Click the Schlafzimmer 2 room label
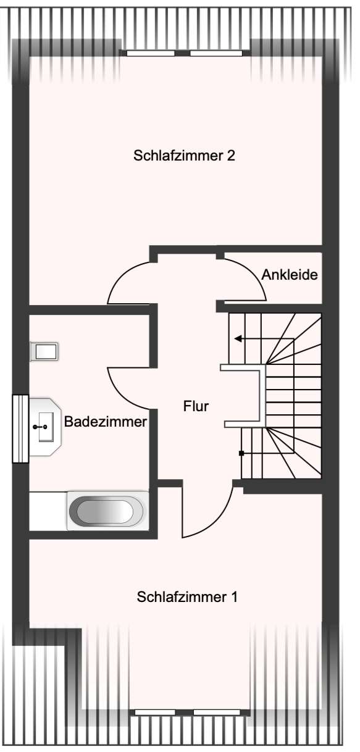(184, 156)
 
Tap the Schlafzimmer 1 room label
(187, 597)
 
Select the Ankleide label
(290, 275)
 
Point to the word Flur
(196, 406)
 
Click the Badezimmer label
(106, 422)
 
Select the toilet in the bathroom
(44, 351)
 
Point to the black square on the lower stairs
(241, 453)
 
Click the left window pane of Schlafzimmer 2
(151, 53)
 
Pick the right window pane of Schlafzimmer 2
(216, 53)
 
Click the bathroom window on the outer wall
(20, 428)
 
